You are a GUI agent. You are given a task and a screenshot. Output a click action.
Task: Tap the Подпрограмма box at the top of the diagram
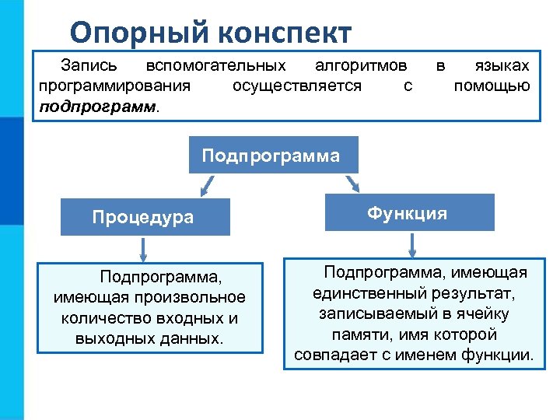(271, 155)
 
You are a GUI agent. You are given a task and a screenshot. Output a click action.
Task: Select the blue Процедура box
(143, 217)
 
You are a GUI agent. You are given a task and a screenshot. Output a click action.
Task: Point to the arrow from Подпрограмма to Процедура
(206, 184)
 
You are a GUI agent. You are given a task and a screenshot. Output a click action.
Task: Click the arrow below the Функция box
(412, 243)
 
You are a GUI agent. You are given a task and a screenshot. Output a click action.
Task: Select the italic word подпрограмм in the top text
(96, 105)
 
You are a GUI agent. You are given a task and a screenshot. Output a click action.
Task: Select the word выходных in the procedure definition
(108, 338)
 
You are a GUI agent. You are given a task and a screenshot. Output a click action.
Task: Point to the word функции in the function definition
(498, 355)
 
